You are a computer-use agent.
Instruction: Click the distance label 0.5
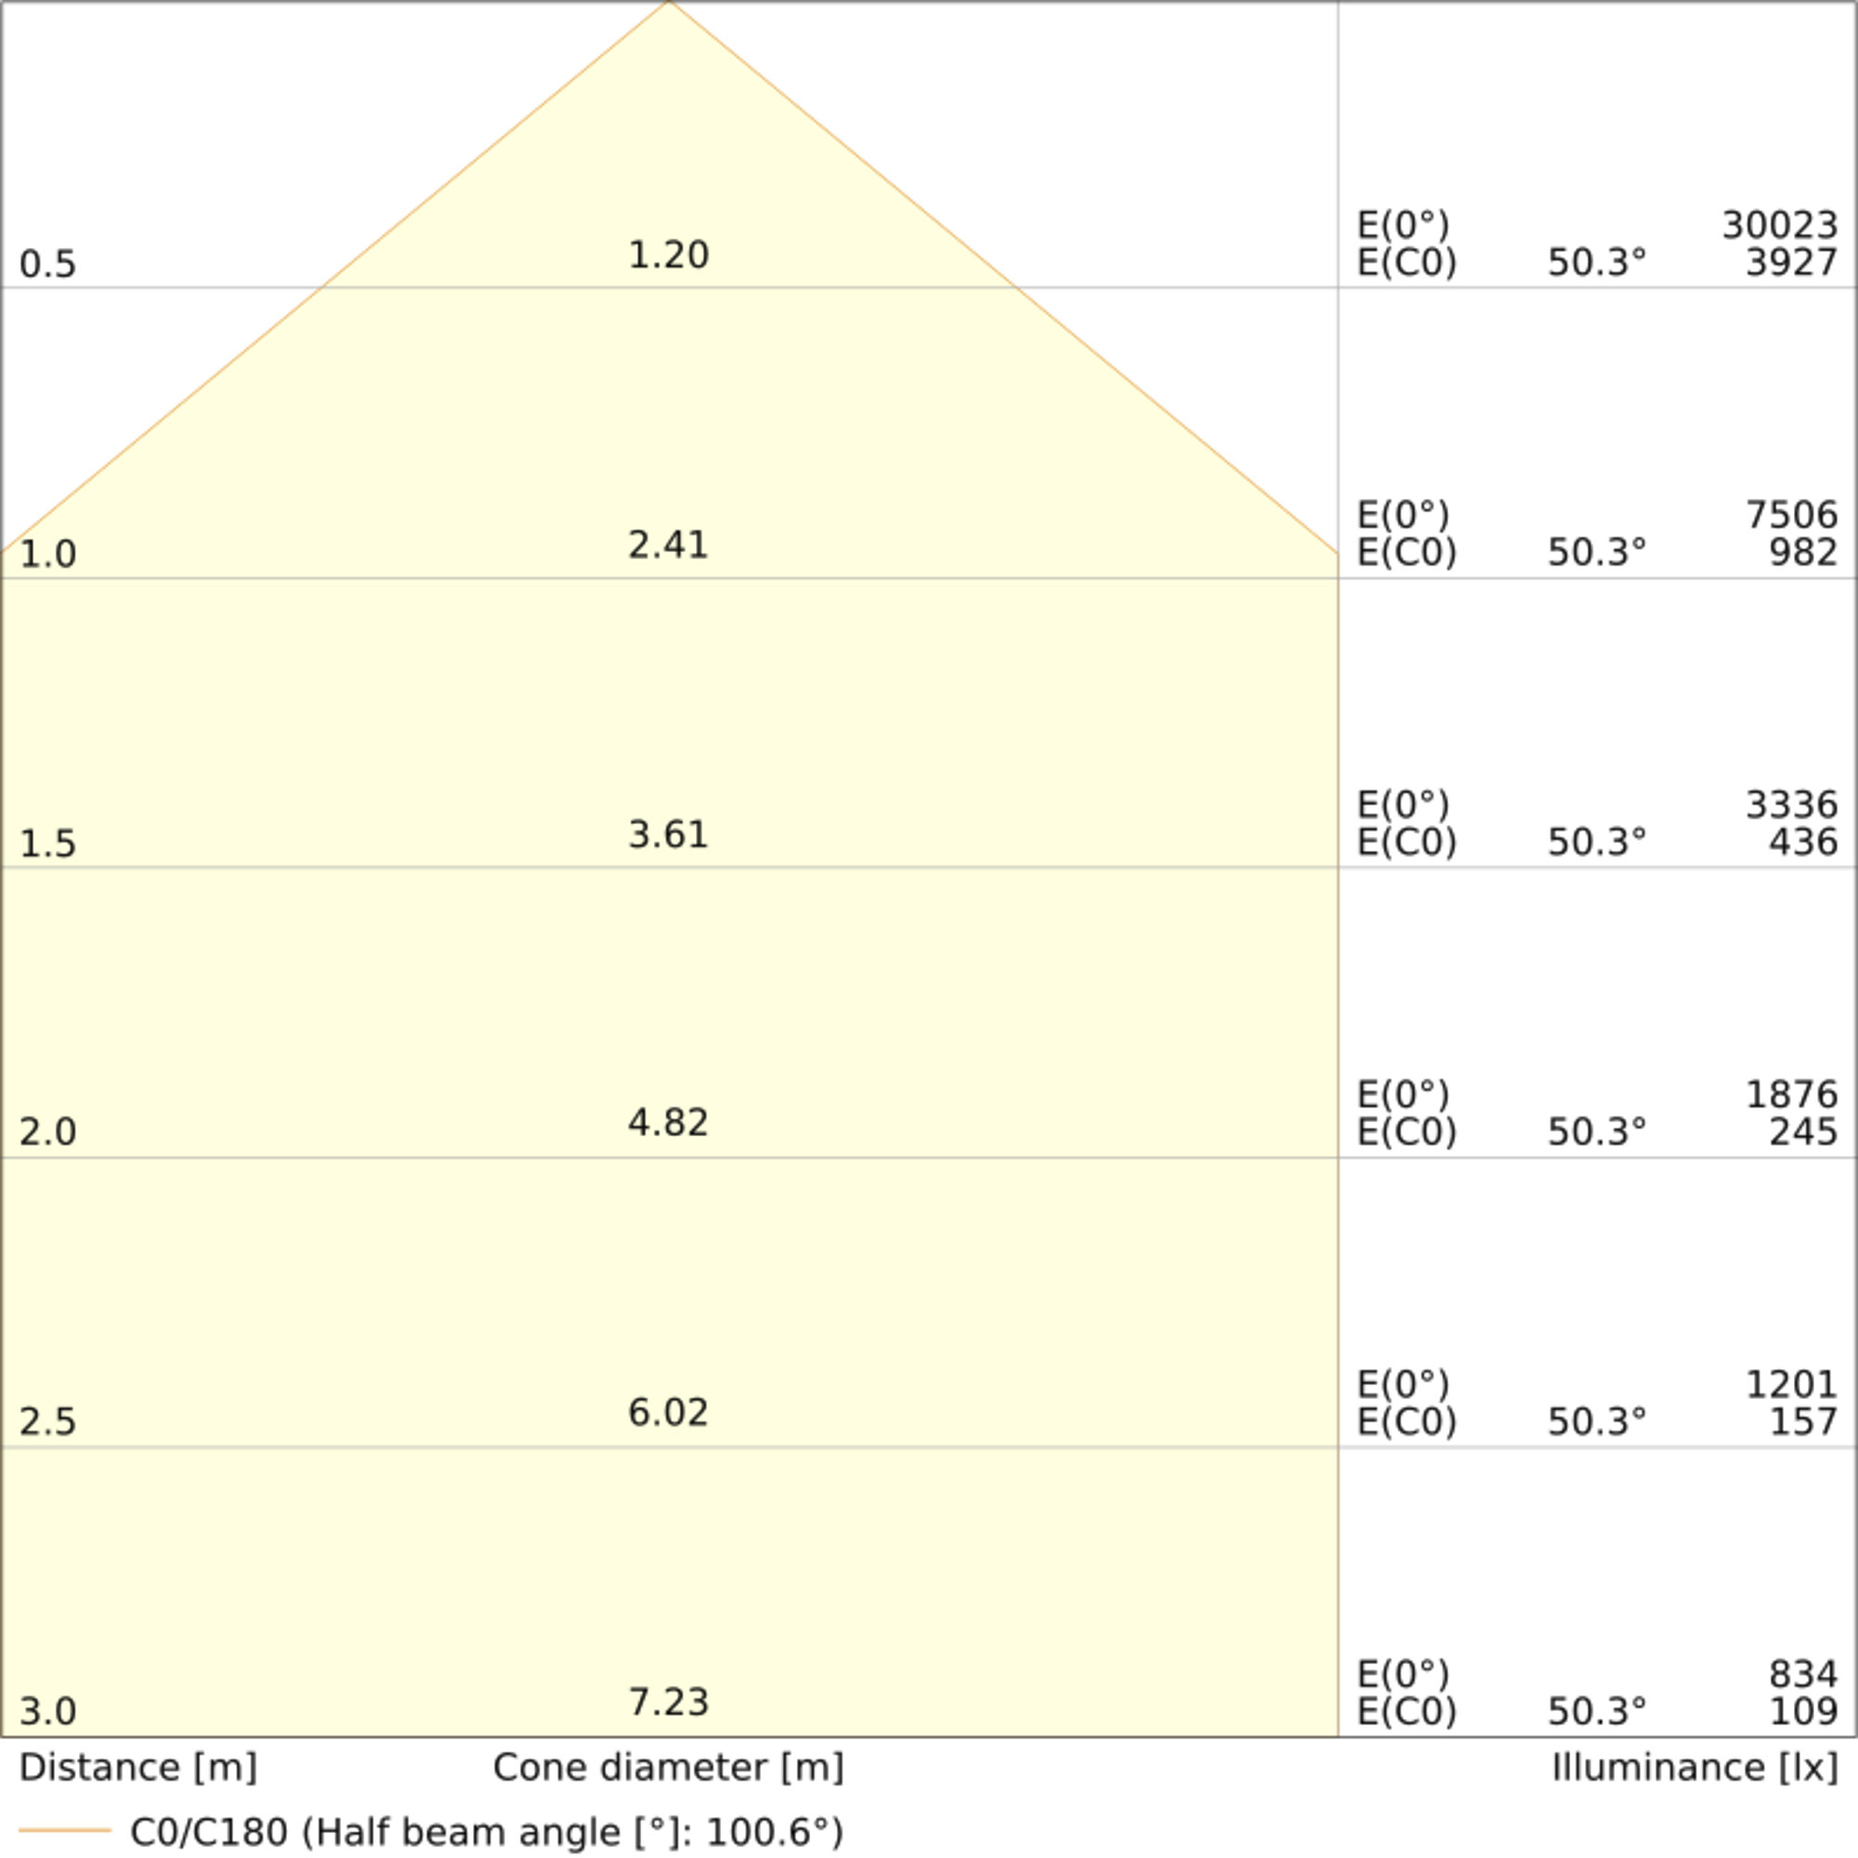pyautogui.click(x=47, y=265)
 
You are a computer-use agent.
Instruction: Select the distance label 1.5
pyautogui.click(x=47, y=844)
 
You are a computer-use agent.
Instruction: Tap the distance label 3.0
pyautogui.click(x=47, y=1712)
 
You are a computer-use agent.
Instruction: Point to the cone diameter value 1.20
pyautogui.click(x=668, y=255)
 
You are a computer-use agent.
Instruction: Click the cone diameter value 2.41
pyautogui.click(x=668, y=545)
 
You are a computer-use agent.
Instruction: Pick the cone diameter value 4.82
pyautogui.click(x=668, y=1123)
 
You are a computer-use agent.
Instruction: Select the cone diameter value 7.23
pyautogui.click(x=668, y=1703)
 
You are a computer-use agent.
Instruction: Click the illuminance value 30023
pyautogui.click(x=1779, y=226)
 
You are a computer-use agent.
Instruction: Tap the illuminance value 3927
pyautogui.click(x=1792, y=263)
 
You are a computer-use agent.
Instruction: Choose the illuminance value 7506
pyautogui.click(x=1792, y=516)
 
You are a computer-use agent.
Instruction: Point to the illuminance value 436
pyautogui.click(x=1803, y=843)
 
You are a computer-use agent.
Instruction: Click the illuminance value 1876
pyautogui.click(x=1792, y=1094)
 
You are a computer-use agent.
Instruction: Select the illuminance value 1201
pyautogui.click(x=1792, y=1385)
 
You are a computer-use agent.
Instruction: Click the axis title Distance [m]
pyautogui.click(x=137, y=1769)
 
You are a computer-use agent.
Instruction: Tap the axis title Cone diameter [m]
pyautogui.click(x=668, y=1769)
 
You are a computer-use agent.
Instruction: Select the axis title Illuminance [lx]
pyautogui.click(x=1694, y=1769)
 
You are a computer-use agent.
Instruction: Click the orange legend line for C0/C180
pyautogui.click(x=64, y=1830)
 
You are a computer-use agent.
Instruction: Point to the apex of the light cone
pyautogui.click(x=669, y=3)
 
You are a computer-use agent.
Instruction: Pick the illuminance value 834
pyautogui.click(x=1803, y=1675)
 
